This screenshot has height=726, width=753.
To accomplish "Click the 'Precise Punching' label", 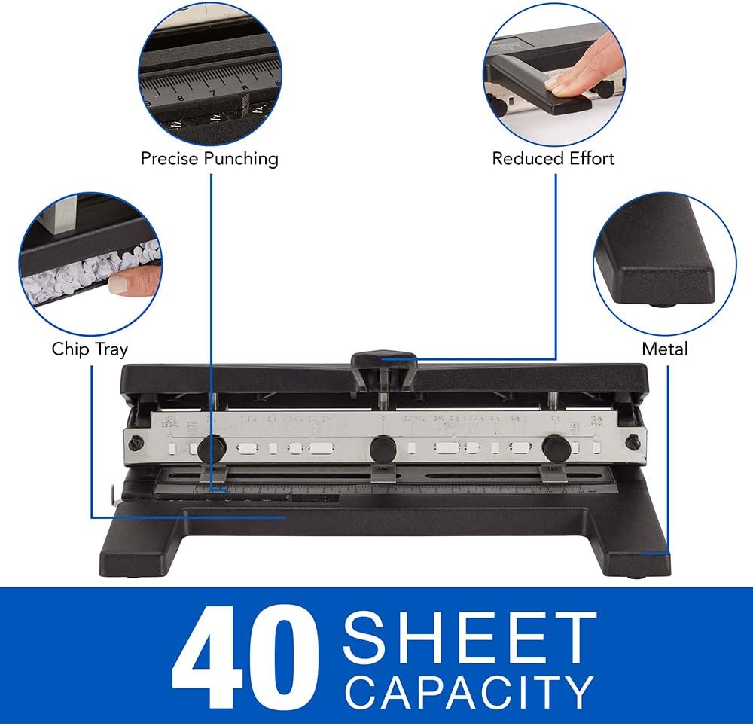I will click(x=209, y=159).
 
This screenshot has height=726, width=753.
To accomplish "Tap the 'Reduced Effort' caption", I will click(x=553, y=159).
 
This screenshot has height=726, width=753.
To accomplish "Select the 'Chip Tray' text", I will click(x=90, y=349).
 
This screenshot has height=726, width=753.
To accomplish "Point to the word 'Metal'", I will click(x=664, y=349).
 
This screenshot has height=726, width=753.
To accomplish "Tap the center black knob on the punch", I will click(x=383, y=448).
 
